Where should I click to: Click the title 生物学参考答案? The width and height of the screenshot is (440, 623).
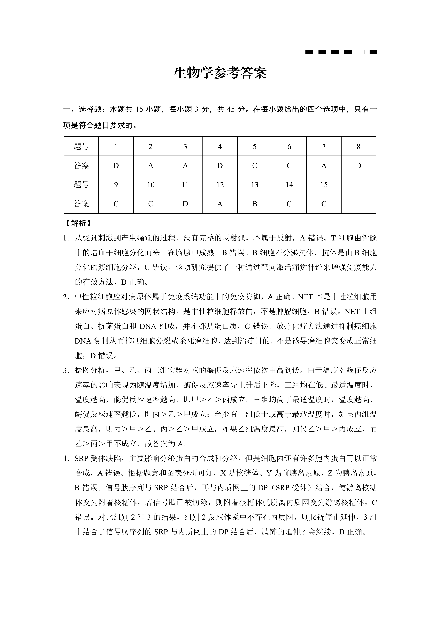[x=220, y=74]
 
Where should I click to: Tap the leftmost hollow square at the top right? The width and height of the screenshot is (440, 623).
[x=296, y=52]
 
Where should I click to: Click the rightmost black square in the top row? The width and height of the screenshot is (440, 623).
[x=373, y=52]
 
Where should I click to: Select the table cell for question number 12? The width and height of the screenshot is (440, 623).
[x=220, y=185]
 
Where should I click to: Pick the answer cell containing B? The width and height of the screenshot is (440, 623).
[x=254, y=204]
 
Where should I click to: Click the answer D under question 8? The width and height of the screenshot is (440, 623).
[x=358, y=166]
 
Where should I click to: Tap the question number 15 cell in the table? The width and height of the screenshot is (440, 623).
[x=324, y=185]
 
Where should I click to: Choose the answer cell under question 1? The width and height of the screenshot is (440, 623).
[x=116, y=166]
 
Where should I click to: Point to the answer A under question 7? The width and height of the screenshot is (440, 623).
[x=324, y=166]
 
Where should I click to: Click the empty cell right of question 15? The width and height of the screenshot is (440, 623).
[x=358, y=185]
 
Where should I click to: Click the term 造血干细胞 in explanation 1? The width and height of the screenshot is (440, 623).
[x=109, y=253]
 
